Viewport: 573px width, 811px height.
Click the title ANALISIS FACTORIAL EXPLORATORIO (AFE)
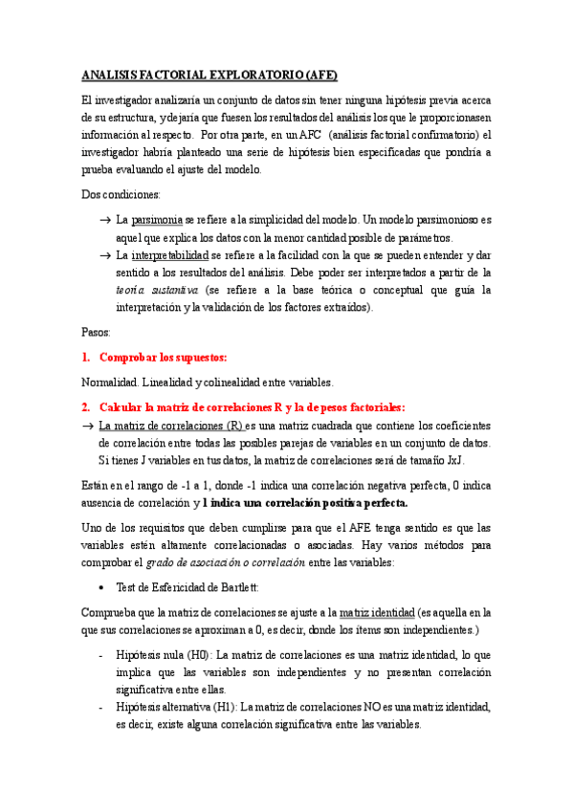tap(209, 75)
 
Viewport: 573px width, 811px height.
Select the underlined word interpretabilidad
tap(169, 255)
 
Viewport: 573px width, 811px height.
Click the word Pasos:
tap(96, 333)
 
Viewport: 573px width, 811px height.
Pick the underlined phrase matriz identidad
tap(377, 613)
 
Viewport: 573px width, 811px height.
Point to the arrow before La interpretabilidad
tap(103, 256)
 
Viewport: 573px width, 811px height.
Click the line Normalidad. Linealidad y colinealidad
tap(207, 383)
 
